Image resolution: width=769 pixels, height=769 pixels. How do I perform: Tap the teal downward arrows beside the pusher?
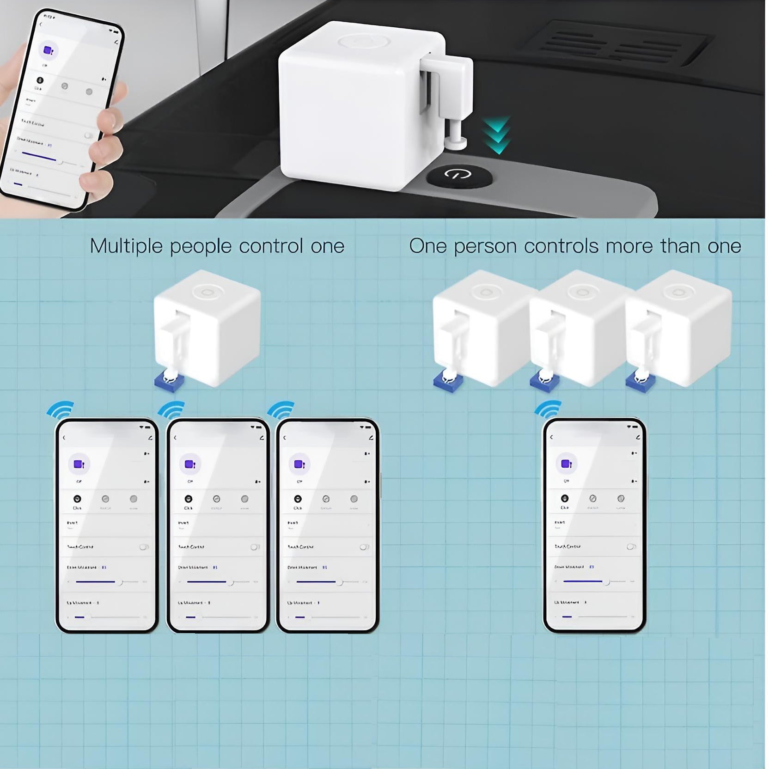497,135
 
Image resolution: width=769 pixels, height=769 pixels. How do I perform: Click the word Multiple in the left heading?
126,246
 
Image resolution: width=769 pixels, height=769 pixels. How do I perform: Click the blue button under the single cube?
169,381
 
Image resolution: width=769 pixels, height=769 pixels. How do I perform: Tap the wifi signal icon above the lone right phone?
549,409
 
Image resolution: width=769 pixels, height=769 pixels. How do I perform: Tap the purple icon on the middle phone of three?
189,464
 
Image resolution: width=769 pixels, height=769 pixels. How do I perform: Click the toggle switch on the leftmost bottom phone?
144,547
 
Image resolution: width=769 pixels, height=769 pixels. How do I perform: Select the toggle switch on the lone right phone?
631,546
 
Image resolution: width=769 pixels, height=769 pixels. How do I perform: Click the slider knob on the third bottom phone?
340,582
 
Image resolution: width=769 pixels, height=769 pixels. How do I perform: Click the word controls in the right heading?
561,246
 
